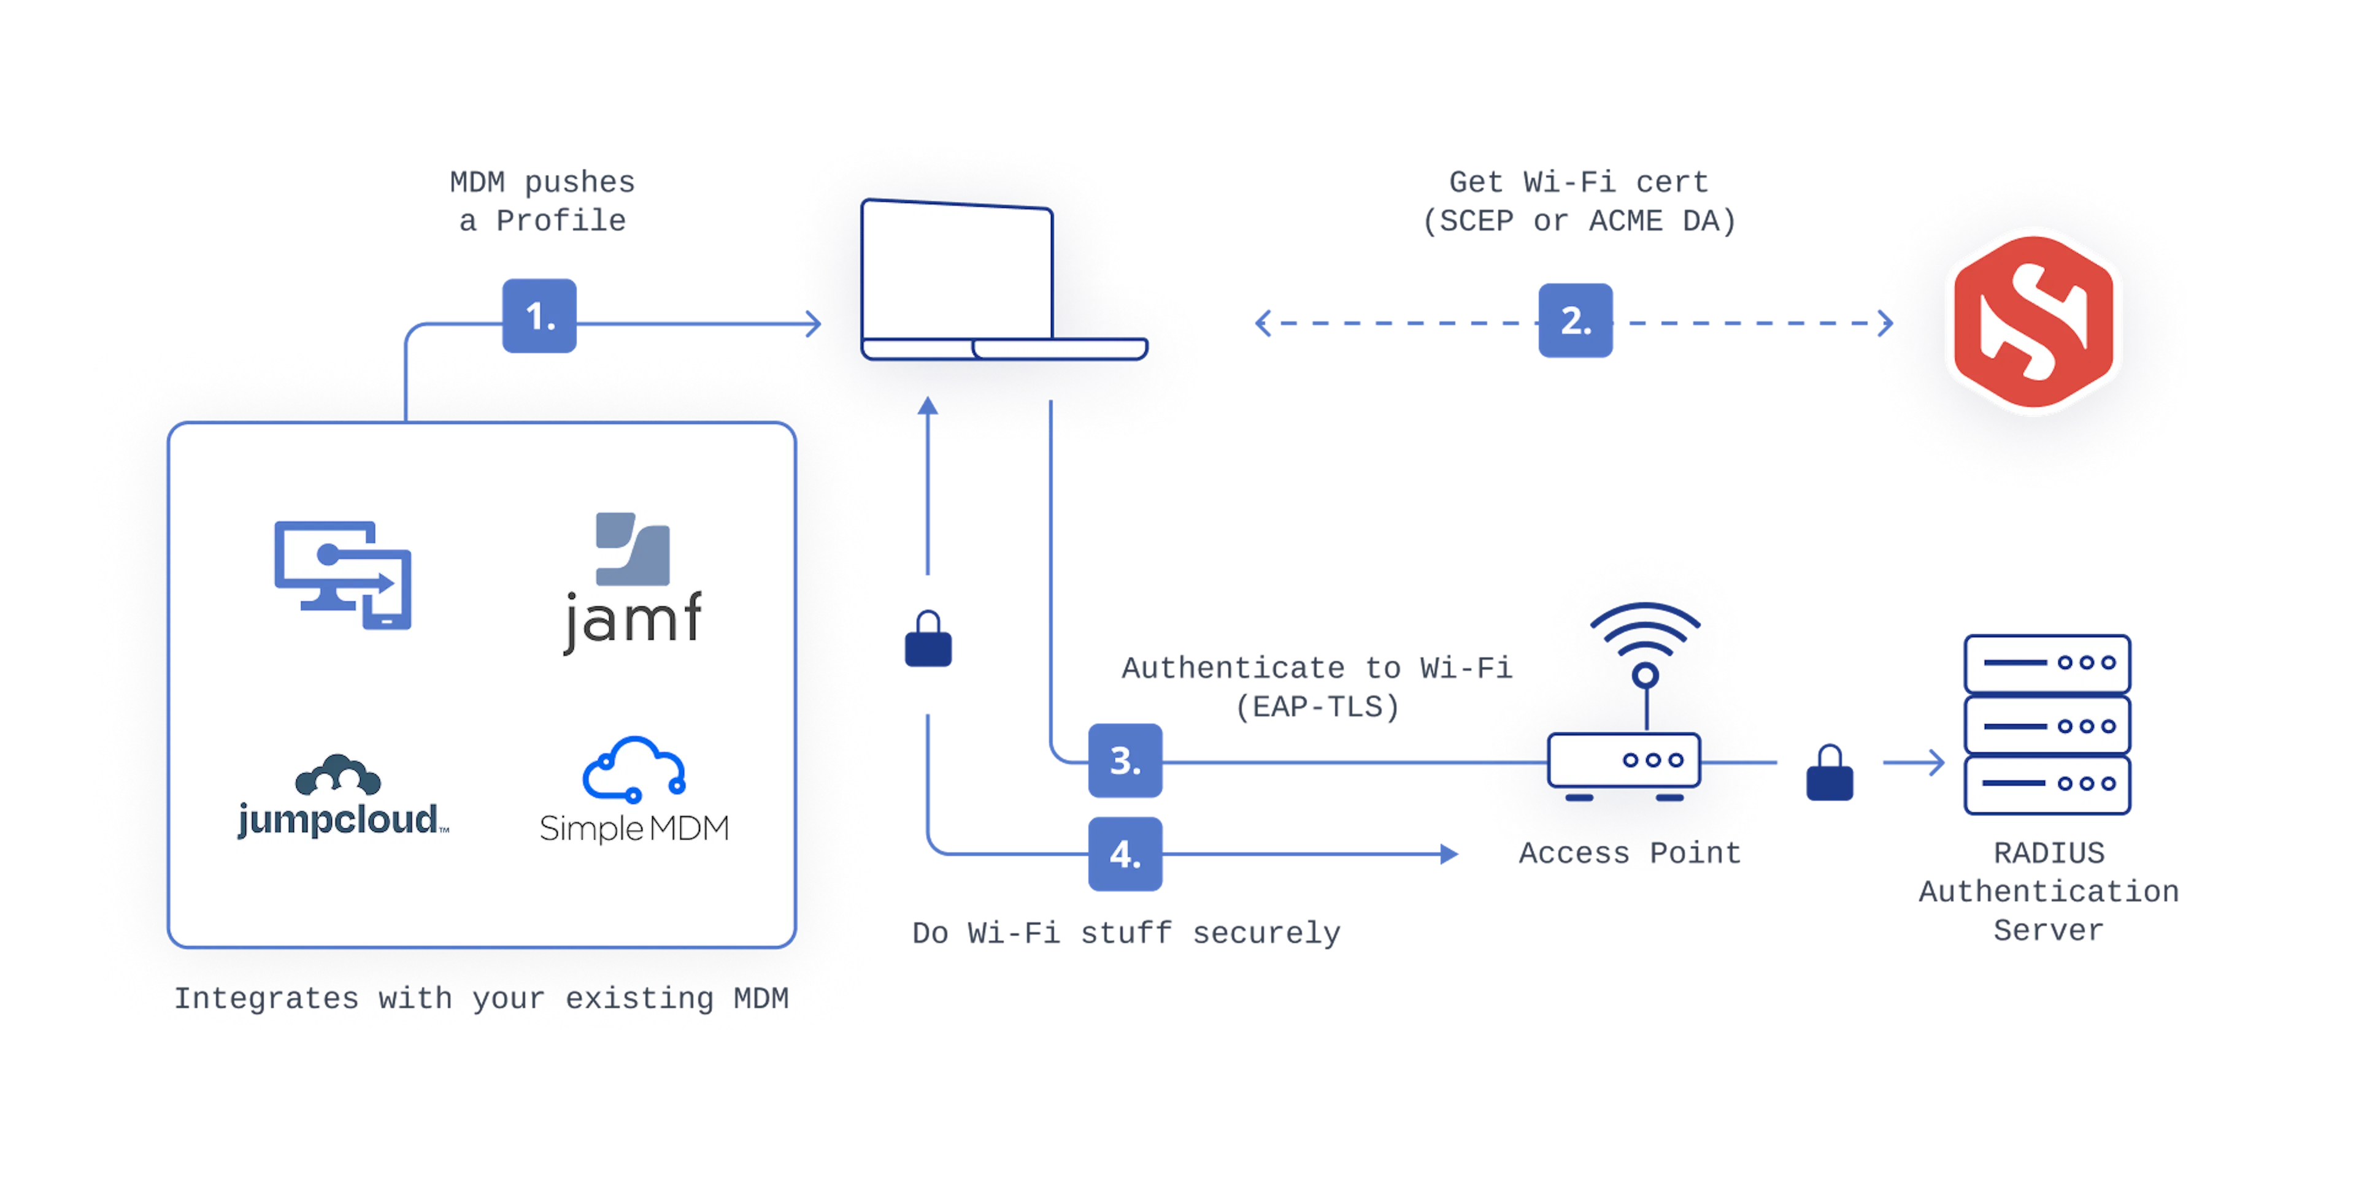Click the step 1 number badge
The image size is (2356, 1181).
pos(540,315)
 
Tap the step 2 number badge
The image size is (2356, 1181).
pos(1575,321)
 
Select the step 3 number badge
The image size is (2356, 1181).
pos(1125,760)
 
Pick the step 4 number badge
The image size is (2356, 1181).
pos(1125,854)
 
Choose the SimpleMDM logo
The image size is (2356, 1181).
pos(634,790)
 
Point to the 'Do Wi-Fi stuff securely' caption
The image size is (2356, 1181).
pos(1127,933)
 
